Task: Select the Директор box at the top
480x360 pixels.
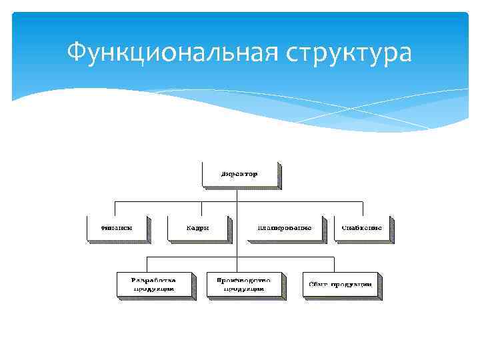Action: click(x=239, y=175)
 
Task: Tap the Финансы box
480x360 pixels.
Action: click(x=117, y=227)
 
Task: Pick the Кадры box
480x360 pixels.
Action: click(x=197, y=227)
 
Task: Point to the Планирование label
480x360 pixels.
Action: click(x=284, y=227)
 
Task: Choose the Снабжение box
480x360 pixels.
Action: click(x=362, y=227)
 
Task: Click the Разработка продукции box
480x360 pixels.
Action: click(x=155, y=284)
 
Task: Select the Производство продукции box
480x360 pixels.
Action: click(x=245, y=284)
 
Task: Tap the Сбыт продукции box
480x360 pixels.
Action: click(x=340, y=284)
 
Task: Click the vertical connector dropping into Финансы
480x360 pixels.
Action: click(x=115, y=207)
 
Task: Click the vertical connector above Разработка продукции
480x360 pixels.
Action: click(x=147, y=263)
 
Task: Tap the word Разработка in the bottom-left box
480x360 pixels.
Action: click(x=154, y=280)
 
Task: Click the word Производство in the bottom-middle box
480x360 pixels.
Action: click(x=245, y=280)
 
